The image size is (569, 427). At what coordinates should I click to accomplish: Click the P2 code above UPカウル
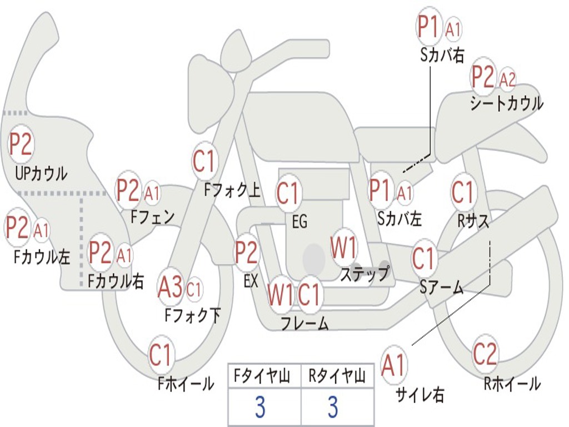coord(21,144)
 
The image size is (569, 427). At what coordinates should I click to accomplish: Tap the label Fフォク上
coord(232,191)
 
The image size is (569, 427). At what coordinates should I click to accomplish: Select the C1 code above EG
coord(287,193)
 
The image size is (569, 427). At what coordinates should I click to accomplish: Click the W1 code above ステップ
coord(344,248)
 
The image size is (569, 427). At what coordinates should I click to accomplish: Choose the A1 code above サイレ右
coord(394,365)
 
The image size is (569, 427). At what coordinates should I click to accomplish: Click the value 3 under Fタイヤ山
coord(259,408)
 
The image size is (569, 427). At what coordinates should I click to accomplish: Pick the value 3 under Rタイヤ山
coord(332,408)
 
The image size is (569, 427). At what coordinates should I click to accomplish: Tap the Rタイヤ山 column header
coord(337,377)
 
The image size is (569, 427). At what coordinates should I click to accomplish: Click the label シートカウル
coord(506,104)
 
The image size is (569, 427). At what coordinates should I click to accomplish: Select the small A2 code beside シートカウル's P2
coord(507,80)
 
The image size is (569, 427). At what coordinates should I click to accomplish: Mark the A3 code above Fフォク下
coord(170,287)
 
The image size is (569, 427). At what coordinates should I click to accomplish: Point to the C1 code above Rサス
coord(463,193)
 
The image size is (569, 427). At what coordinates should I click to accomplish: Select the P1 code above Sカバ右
coord(428,27)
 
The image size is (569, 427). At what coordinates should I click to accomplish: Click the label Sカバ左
coord(400,219)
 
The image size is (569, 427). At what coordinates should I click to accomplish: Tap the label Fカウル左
coord(42,256)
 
